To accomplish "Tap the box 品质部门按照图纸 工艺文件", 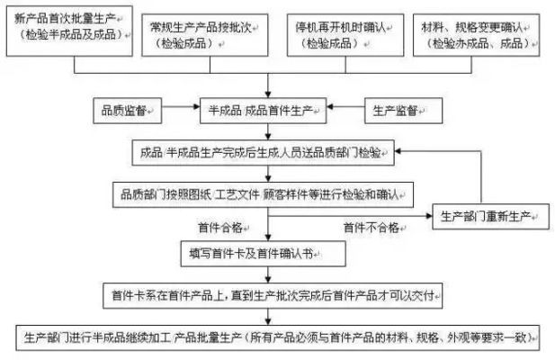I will point(261,192).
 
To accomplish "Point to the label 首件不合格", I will point(370,228).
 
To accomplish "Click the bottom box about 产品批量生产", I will point(279,338).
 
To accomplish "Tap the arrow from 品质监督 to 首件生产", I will point(180,111).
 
